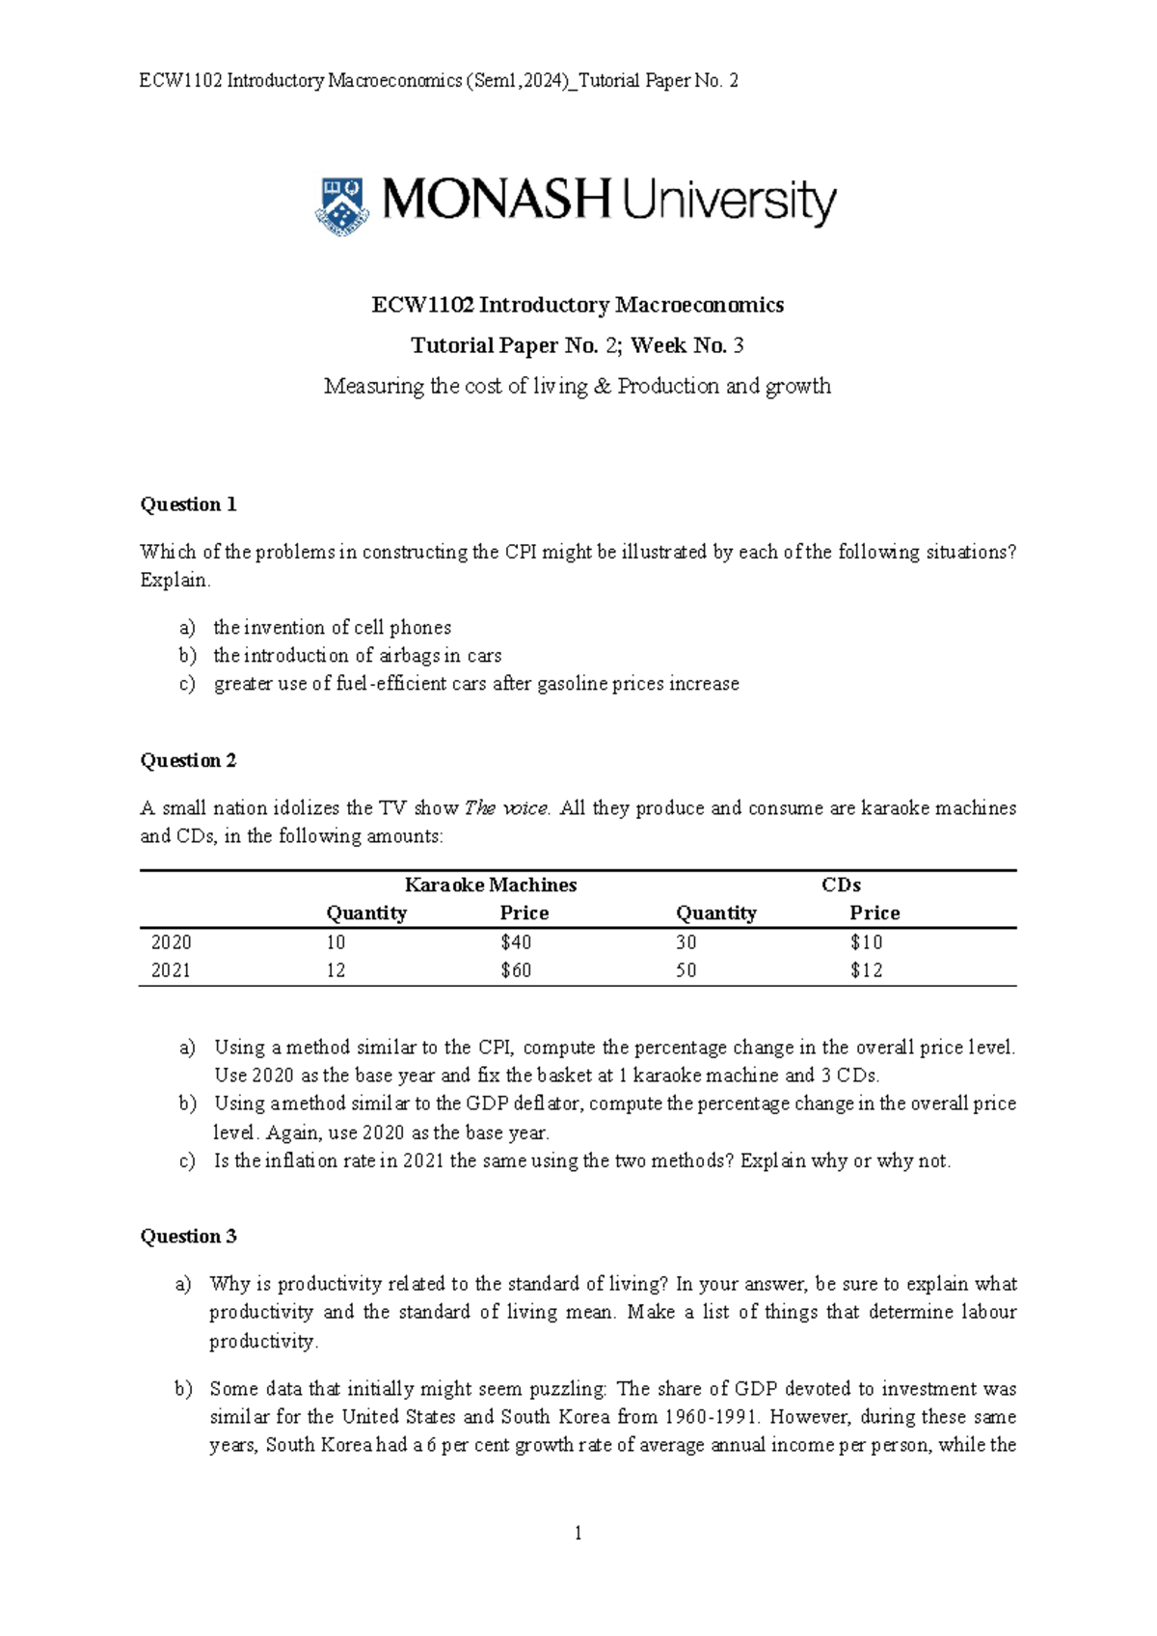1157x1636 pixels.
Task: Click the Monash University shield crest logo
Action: (x=341, y=204)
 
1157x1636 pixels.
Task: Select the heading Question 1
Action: (x=188, y=504)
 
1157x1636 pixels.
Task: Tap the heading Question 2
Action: (x=188, y=760)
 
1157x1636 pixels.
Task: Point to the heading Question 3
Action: (x=188, y=1237)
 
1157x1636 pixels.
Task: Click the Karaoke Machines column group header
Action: (x=490, y=885)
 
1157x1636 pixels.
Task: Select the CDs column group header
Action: (x=841, y=885)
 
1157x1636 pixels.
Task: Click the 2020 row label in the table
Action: (x=172, y=942)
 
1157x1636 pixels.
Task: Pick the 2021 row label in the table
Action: (x=172, y=970)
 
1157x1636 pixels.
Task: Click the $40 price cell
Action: (x=516, y=942)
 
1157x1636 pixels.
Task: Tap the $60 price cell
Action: (x=516, y=970)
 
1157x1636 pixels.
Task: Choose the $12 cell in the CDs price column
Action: (x=866, y=970)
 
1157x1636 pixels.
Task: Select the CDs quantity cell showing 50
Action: (x=686, y=970)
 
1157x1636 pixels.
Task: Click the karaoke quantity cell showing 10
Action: (x=336, y=942)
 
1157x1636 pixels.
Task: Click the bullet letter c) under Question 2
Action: (x=187, y=1161)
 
